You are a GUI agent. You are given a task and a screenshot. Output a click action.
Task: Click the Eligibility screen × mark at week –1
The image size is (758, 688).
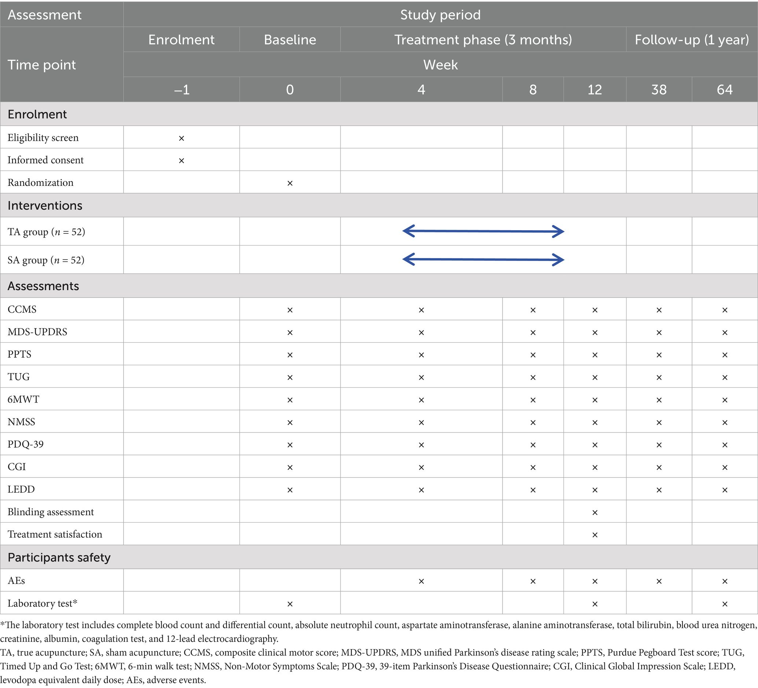tap(181, 138)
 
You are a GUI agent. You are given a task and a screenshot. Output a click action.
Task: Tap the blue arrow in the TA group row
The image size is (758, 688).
tap(483, 231)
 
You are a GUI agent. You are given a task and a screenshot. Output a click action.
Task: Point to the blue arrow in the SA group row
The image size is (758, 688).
tap(483, 260)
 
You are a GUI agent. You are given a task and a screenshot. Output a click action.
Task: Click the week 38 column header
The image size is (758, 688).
tap(659, 89)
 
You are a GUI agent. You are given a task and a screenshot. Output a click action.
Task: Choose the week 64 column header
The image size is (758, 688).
tap(725, 89)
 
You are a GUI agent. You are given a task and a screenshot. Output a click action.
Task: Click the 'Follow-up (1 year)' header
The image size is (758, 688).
tap(691, 40)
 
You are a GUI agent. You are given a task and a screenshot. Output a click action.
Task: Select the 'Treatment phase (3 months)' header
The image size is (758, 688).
tap(483, 40)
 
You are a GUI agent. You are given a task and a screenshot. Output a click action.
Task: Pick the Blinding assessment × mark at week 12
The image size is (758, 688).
tap(595, 512)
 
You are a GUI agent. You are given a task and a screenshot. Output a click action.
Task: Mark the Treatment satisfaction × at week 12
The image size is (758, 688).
tap(595, 535)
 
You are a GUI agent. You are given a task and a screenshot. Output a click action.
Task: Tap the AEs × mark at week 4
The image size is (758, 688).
tap(421, 581)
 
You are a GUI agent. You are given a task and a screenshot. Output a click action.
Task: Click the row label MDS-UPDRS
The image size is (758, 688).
tap(37, 332)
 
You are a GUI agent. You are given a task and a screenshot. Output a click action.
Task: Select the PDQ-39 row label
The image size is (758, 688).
tap(26, 444)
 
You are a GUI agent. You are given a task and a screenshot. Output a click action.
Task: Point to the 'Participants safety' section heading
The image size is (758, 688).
tap(59, 557)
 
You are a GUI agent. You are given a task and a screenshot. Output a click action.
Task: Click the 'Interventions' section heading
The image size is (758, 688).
tap(45, 206)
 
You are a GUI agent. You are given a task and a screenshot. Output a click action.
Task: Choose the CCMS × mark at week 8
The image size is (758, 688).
tap(533, 310)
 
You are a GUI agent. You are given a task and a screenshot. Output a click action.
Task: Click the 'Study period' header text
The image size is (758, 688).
tap(440, 15)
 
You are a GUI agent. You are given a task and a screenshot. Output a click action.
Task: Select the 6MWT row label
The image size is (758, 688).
tap(23, 399)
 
